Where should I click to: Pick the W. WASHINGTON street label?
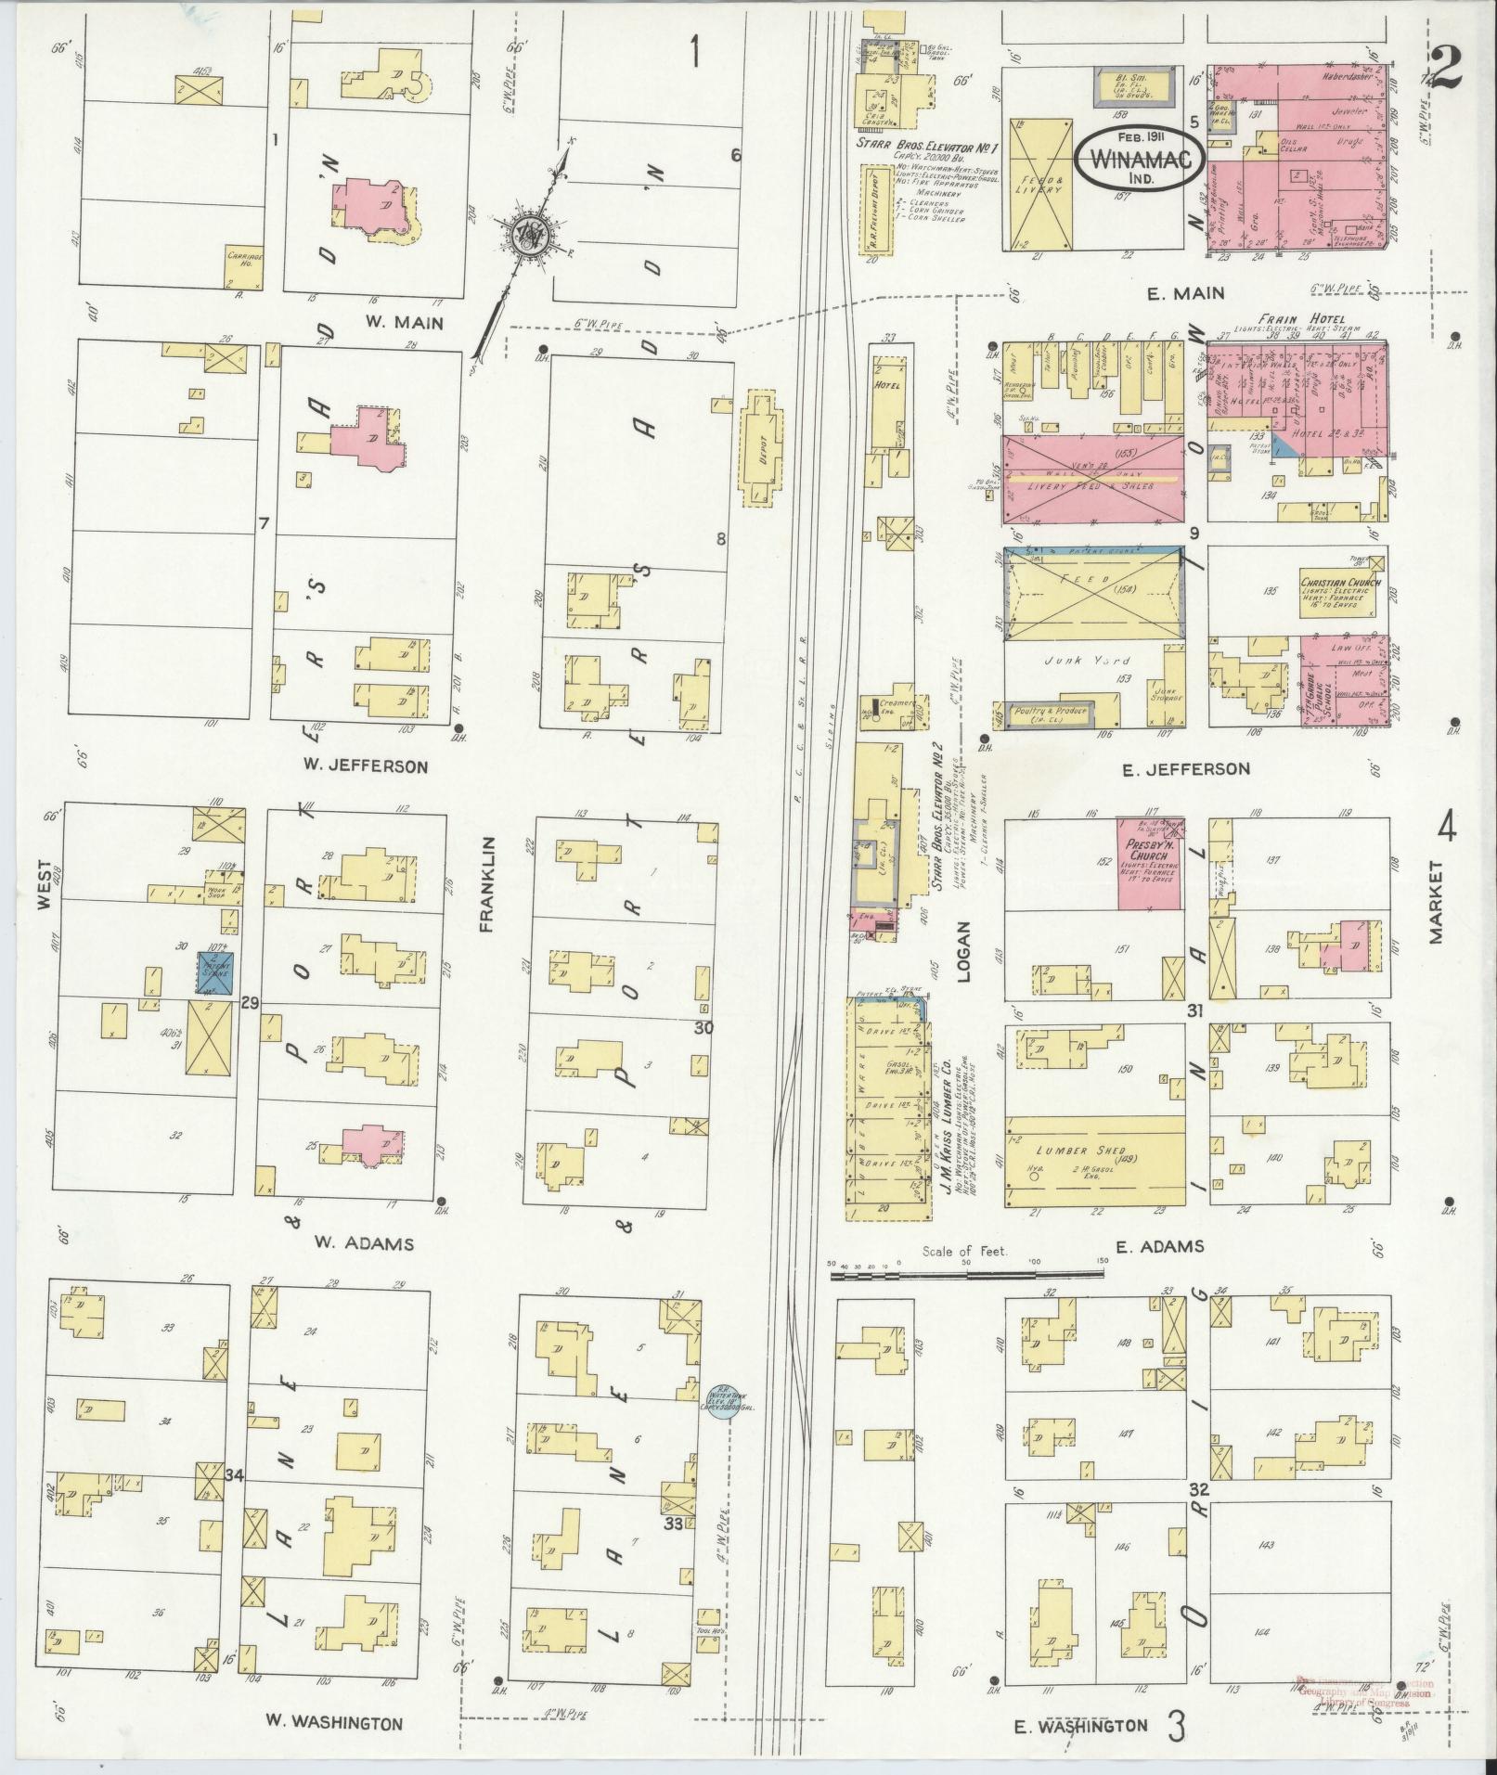(x=334, y=1722)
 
